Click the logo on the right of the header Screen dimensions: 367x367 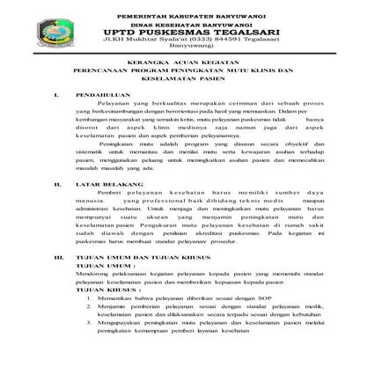280,34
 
